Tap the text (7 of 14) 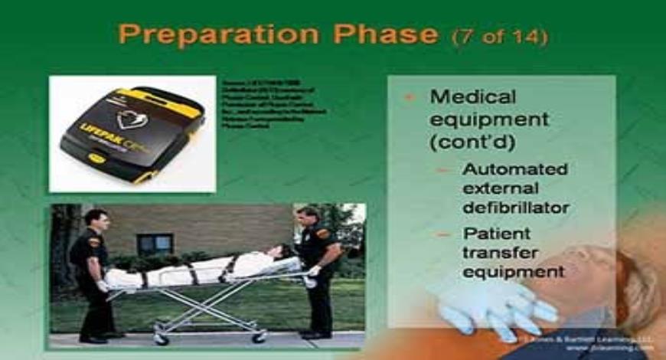pos(500,36)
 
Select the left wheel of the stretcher pos(160,338)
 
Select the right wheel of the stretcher pos(260,336)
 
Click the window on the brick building pos(155,244)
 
